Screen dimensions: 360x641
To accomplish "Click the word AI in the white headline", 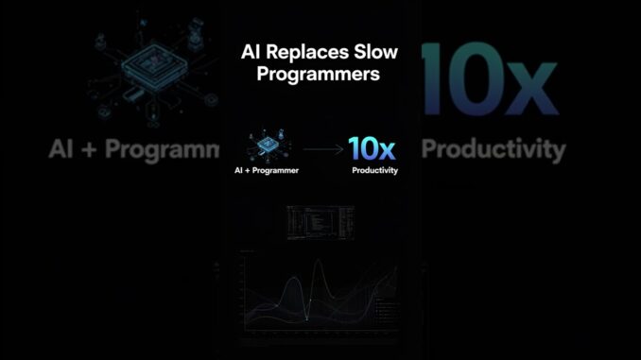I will point(252,53).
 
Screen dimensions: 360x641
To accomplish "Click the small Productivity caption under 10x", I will point(374,171).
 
